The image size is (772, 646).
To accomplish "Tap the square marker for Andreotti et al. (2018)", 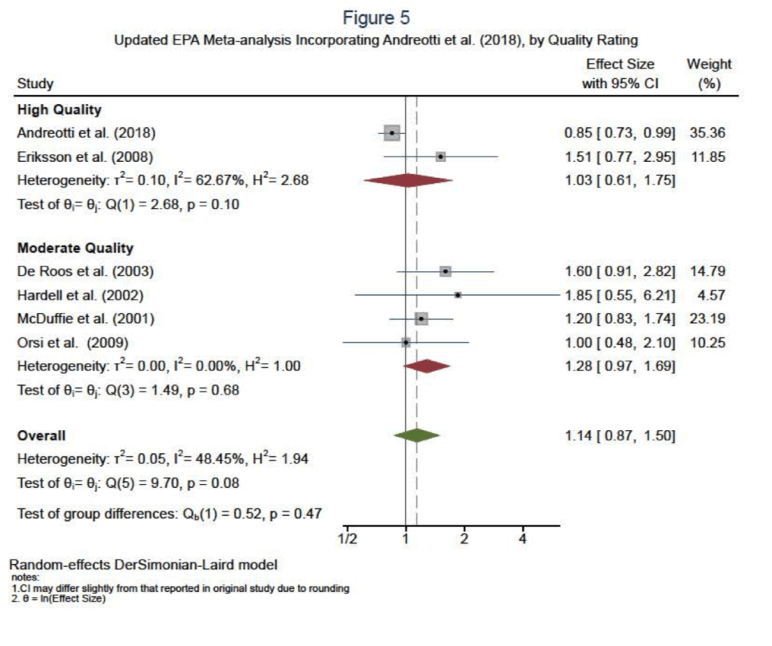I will tap(391, 133).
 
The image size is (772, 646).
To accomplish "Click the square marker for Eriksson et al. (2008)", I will tap(440, 157).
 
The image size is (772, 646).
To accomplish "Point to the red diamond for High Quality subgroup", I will tap(407, 180).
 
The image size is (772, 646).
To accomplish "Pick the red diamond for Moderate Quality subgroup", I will tap(427, 367).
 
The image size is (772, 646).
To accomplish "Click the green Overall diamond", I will tap(416, 435).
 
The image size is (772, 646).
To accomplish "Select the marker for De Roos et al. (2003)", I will tap(446, 271).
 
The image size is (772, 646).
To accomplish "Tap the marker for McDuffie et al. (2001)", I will tap(421, 318).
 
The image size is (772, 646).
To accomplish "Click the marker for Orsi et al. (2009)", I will tap(406, 343).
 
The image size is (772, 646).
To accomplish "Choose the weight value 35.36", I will tap(708, 133).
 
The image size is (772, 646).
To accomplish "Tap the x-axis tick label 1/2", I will tap(347, 539).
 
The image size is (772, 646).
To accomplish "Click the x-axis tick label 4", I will tap(522, 539).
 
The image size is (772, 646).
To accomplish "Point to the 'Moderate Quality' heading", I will tap(75, 248).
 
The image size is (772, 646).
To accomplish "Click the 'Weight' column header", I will tap(709, 64).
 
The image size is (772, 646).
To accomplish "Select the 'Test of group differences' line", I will tap(170, 514).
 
